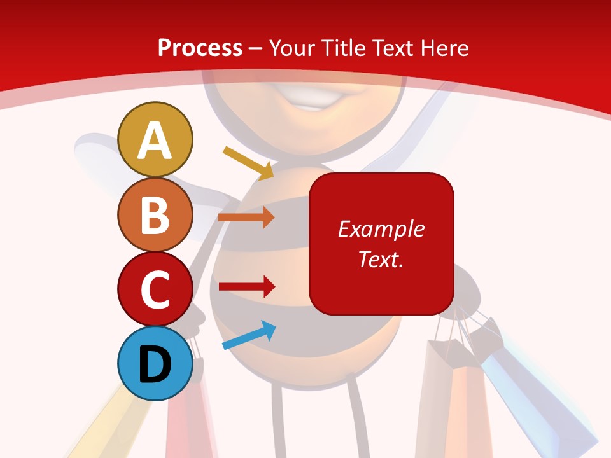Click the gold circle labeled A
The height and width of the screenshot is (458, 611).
[x=155, y=139]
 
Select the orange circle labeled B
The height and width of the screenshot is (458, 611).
[x=155, y=214]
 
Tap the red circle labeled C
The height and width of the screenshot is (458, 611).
[x=155, y=289]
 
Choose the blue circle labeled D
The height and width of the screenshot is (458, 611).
[x=155, y=363]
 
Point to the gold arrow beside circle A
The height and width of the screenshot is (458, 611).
[x=249, y=162]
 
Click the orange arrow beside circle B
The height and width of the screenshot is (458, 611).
[x=246, y=217]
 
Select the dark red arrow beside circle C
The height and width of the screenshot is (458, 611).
[x=246, y=286]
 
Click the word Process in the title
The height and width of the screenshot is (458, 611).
[x=200, y=48]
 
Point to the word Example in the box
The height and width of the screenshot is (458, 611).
[x=381, y=229]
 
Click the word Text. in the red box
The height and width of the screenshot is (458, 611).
[x=381, y=259]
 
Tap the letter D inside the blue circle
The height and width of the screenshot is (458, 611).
[x=155, y=364]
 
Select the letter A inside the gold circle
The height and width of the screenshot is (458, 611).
[x=155, y=141]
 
